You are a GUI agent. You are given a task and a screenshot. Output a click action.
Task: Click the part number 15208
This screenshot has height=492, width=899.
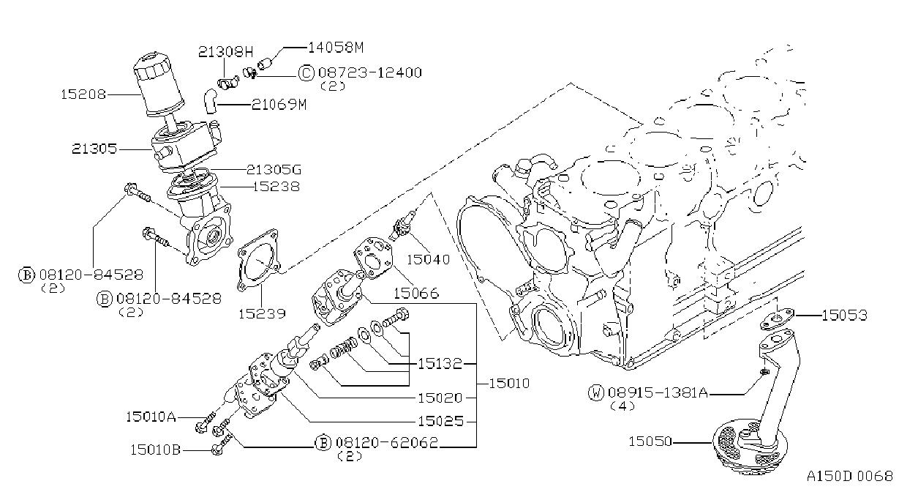83,94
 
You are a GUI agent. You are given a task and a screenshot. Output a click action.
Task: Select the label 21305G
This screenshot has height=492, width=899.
274,170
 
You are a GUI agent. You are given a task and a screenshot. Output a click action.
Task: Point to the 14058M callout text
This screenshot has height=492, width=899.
336,48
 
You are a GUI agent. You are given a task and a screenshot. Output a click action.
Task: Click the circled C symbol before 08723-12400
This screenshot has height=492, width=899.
306,72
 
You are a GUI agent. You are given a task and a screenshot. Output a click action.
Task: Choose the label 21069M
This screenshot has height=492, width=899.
279,105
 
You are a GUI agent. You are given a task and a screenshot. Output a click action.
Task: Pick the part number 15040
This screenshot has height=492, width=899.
428,259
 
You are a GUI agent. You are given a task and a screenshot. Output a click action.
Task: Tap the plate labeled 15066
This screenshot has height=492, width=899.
373,258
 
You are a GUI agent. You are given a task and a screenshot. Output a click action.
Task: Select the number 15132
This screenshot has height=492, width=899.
440,364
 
